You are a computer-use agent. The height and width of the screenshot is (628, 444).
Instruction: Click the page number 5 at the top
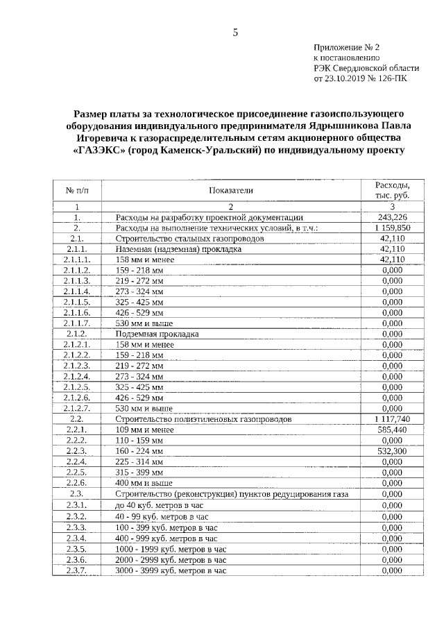point(235,32)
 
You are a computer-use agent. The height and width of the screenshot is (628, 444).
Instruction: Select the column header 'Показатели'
point(231,189)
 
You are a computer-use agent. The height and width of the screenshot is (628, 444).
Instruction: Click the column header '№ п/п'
point(76,190)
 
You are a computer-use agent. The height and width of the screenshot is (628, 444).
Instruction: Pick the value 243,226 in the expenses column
point(392,217)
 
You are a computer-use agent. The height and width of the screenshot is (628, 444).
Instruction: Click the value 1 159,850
point(392,228)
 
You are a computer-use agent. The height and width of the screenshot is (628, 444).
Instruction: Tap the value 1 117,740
point(392,420)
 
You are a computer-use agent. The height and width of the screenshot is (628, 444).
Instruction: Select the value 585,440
point(392,430)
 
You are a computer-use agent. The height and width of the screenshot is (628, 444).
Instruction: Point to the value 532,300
point(392,451)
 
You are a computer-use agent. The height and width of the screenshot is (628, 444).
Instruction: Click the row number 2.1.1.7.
point(76,323)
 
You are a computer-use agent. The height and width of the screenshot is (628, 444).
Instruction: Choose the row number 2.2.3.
point(76,451)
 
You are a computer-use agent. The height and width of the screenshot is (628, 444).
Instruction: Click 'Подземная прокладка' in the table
point(157,334)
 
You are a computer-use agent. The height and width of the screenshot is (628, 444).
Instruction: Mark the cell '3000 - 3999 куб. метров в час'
point(171,570)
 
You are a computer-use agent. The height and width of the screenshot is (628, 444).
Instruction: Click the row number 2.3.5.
point(76,549)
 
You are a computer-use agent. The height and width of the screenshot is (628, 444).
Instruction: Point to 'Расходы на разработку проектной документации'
point(209,217)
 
